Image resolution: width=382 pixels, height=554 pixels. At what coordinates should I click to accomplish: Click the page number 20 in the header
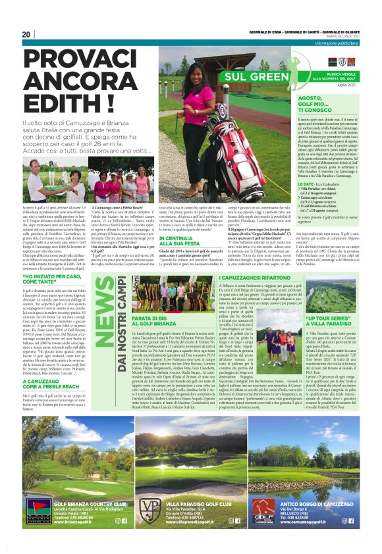[26, 34]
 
